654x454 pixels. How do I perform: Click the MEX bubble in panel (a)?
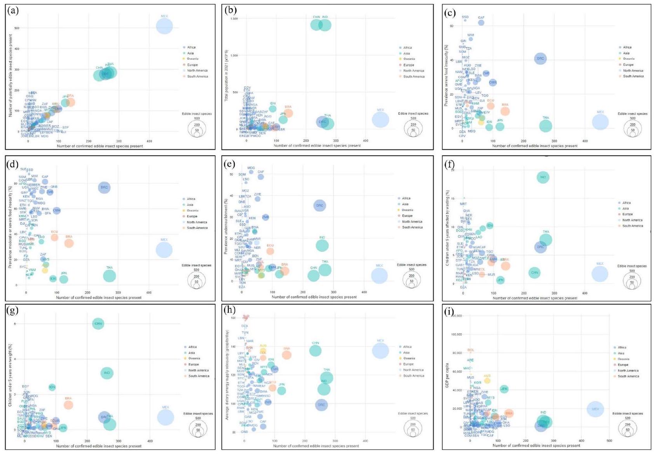pyautogui.click(x=164, y=26)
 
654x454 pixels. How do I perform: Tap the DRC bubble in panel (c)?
pyautogui.click(x=540, y=59)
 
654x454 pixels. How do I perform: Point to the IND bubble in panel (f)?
pyautogui.click(x=543, y=177)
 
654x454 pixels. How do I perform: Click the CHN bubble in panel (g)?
pyautogui.click(x=98, y=323)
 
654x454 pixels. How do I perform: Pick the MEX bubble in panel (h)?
pyautogui.click(x=380, y=351)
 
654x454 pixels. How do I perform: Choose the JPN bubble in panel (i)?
pyautogui.click(x=504, y=389)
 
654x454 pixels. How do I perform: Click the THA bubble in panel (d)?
pyautogui.click(x=110, y=276)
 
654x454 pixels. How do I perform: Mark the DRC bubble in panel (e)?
pyautogui.click(x=319, y=206)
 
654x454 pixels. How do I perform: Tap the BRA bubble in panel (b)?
pyautogui.click(x=288, y=113)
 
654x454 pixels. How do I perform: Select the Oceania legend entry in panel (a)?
pyautogui.click(x=192, y=59)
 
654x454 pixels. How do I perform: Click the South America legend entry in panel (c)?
pyautogui.click(x=633, y=77)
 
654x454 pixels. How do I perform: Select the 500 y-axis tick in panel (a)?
pyautogui.click(x=17, y=28)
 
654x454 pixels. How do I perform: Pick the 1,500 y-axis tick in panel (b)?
pyautogui.click(x=234, y=19)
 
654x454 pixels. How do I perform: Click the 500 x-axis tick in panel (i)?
pyautogui.click(x=609, y=441)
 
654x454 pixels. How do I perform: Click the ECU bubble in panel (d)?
pyautogui.click(x=54, y=237)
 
